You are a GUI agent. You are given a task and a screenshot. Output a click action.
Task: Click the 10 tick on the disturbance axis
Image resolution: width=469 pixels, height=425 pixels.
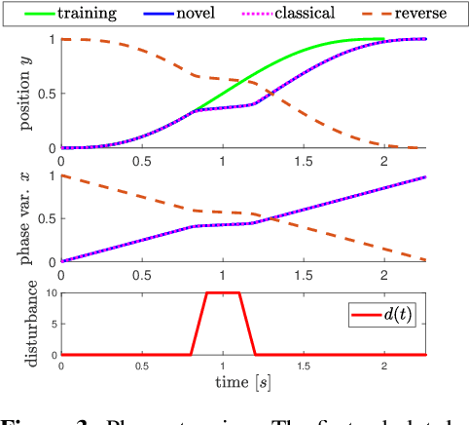click(49, 292)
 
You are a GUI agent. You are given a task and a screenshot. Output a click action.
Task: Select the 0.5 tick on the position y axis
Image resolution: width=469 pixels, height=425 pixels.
click(46, 94)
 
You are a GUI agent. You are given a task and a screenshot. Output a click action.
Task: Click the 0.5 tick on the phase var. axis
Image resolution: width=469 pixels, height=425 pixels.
click(46, 218)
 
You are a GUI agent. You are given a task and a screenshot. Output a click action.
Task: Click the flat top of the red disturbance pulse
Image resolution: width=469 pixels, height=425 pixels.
click(223, 292)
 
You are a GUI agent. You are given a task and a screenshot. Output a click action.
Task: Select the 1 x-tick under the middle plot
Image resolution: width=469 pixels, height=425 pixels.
click(223, 275)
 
